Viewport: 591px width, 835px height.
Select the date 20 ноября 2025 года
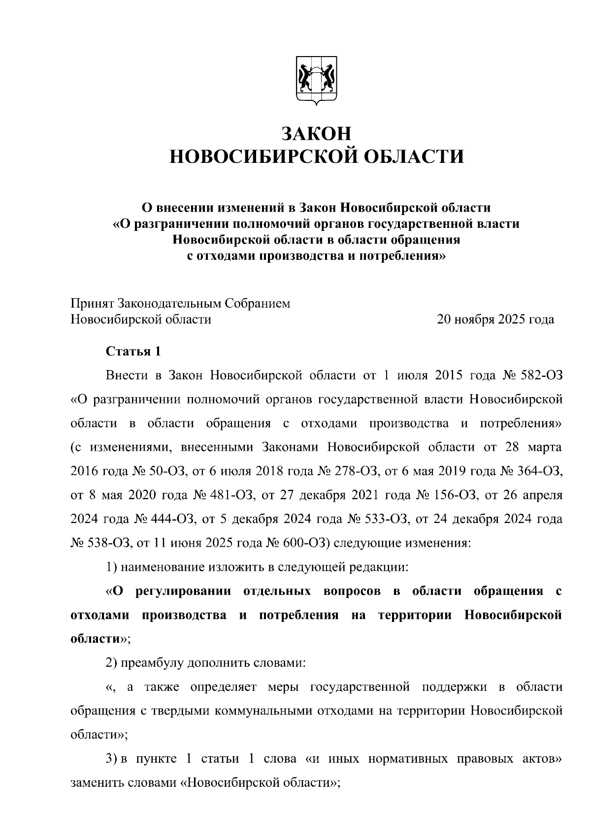click(x=495, y=320)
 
